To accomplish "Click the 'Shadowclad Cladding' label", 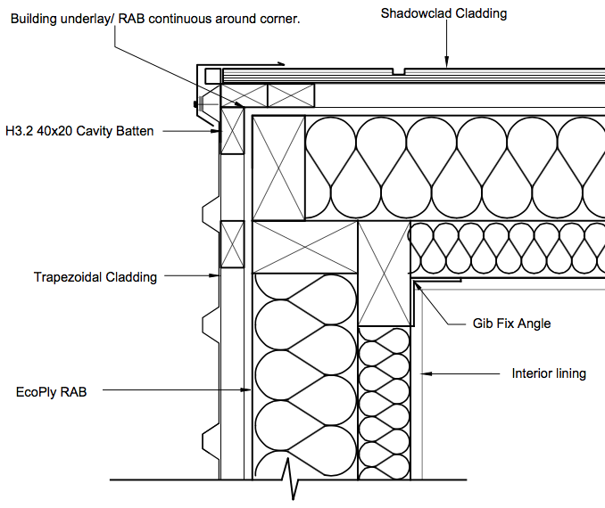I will pyautogui.click(x=443, y=13).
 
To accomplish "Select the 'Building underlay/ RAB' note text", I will pyautogui.click(x=154, y=19).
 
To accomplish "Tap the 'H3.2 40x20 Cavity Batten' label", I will pyautogui.click(x=79, y=131).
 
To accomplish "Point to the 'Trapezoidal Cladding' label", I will pyautogui.click(x=95, y=277).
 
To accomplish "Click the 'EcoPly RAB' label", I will pyautogui.click(x=52, y=391).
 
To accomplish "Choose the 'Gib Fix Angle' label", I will pyautogui.click(x=511, y=324).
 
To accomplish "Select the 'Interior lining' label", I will pyautogui.click(x=549, y=373).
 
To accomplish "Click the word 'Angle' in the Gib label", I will pyautogui.click(x=533, y=324).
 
